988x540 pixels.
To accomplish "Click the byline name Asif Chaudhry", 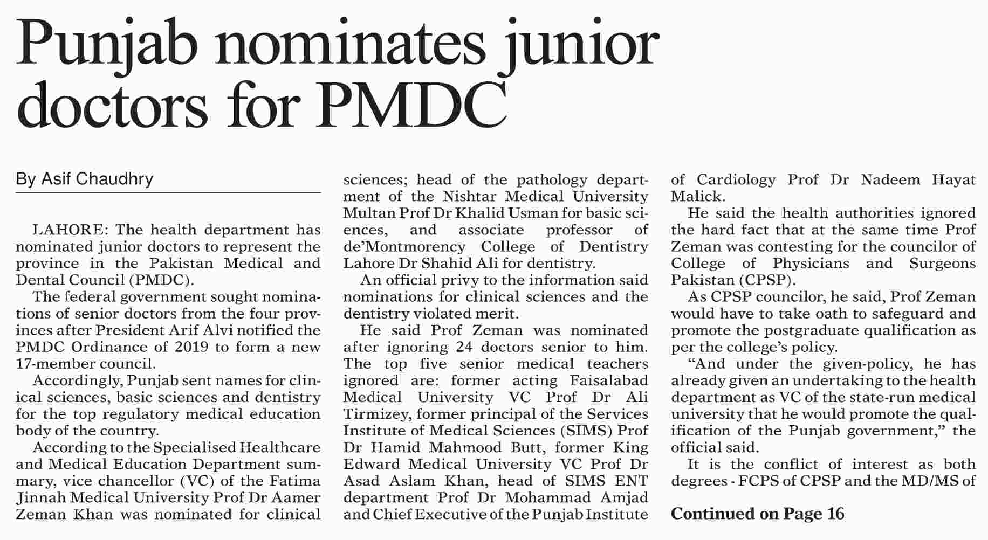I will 85,179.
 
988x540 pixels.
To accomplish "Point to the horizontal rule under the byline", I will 168,193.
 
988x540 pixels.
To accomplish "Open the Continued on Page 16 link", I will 757,514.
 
